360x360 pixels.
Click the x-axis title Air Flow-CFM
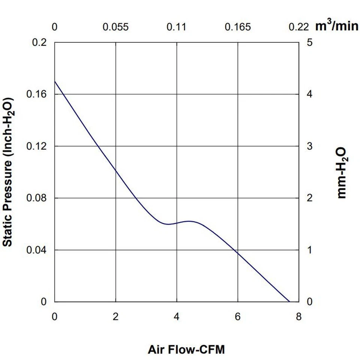(186, 350)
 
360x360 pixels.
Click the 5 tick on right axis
(310, 42)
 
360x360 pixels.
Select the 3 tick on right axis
(310, 146)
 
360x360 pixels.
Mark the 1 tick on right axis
(310, 250)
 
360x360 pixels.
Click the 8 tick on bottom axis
(298, 317)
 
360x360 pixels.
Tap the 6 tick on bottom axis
(238, 317)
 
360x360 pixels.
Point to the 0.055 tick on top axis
(115, 27)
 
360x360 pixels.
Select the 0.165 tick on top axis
(238, 27)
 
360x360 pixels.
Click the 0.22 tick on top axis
(298, 27)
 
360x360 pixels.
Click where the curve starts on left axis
(55, 81)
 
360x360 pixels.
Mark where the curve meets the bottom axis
(289, 301)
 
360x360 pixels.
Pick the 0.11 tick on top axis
(177, 27)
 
